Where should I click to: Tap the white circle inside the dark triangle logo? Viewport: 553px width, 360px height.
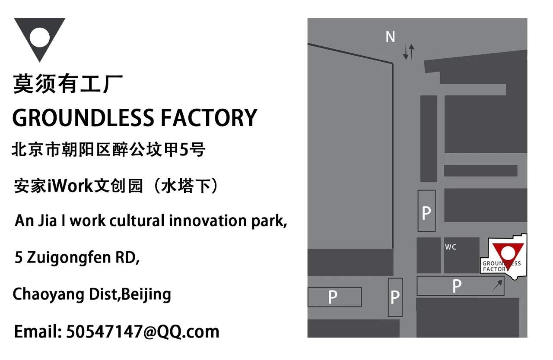[40, 37]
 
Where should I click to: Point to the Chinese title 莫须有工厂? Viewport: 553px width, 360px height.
[68, 84]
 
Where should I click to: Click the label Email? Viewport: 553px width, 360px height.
[38, 332]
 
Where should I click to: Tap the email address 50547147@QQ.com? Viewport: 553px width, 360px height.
[143, 332]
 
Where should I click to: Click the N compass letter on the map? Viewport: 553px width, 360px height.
[390, 37]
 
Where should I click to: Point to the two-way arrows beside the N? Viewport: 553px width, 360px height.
[409, 51]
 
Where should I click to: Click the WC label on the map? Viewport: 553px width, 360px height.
[451, 247]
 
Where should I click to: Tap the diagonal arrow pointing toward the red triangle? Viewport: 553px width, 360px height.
[497, 285]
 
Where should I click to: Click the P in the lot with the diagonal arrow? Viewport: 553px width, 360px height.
[457, 286]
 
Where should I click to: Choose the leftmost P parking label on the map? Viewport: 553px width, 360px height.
[332, 297]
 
